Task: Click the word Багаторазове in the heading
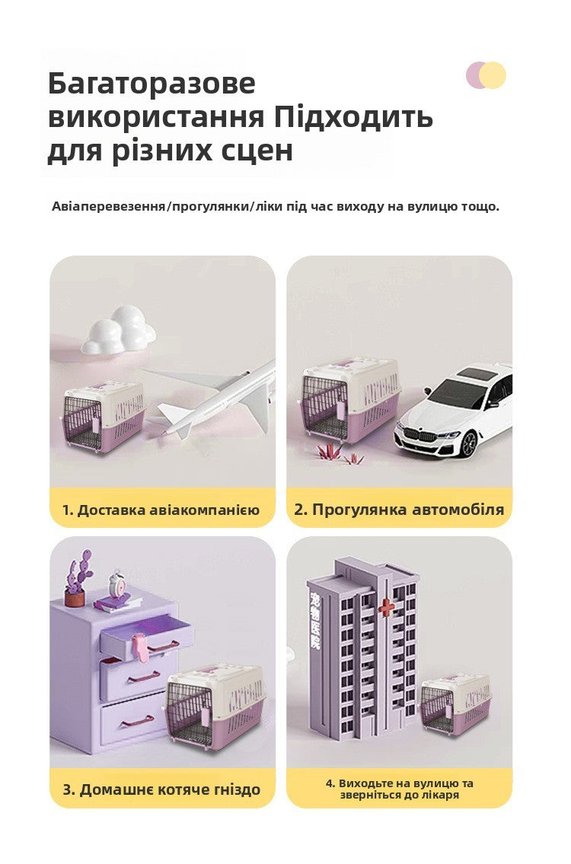[152, 84]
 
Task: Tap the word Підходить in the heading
[353, 117]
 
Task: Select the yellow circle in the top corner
[493, 75]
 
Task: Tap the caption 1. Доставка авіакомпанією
[161, 510]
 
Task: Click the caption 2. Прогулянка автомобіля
[399, 510]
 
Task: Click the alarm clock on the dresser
[116, 585]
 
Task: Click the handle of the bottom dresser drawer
[138, 720]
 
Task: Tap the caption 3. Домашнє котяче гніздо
[161, 789]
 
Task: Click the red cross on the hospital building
[388, 606]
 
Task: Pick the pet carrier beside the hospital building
[455, 705]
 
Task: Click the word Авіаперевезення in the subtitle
[109, 207]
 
